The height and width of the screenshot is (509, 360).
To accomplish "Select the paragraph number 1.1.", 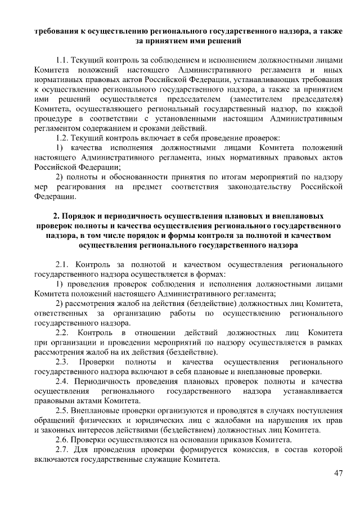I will (x=62, y=58).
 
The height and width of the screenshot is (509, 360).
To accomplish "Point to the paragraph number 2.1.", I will (x=63, y=263).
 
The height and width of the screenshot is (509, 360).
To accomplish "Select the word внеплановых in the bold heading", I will (x=298, y=216).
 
